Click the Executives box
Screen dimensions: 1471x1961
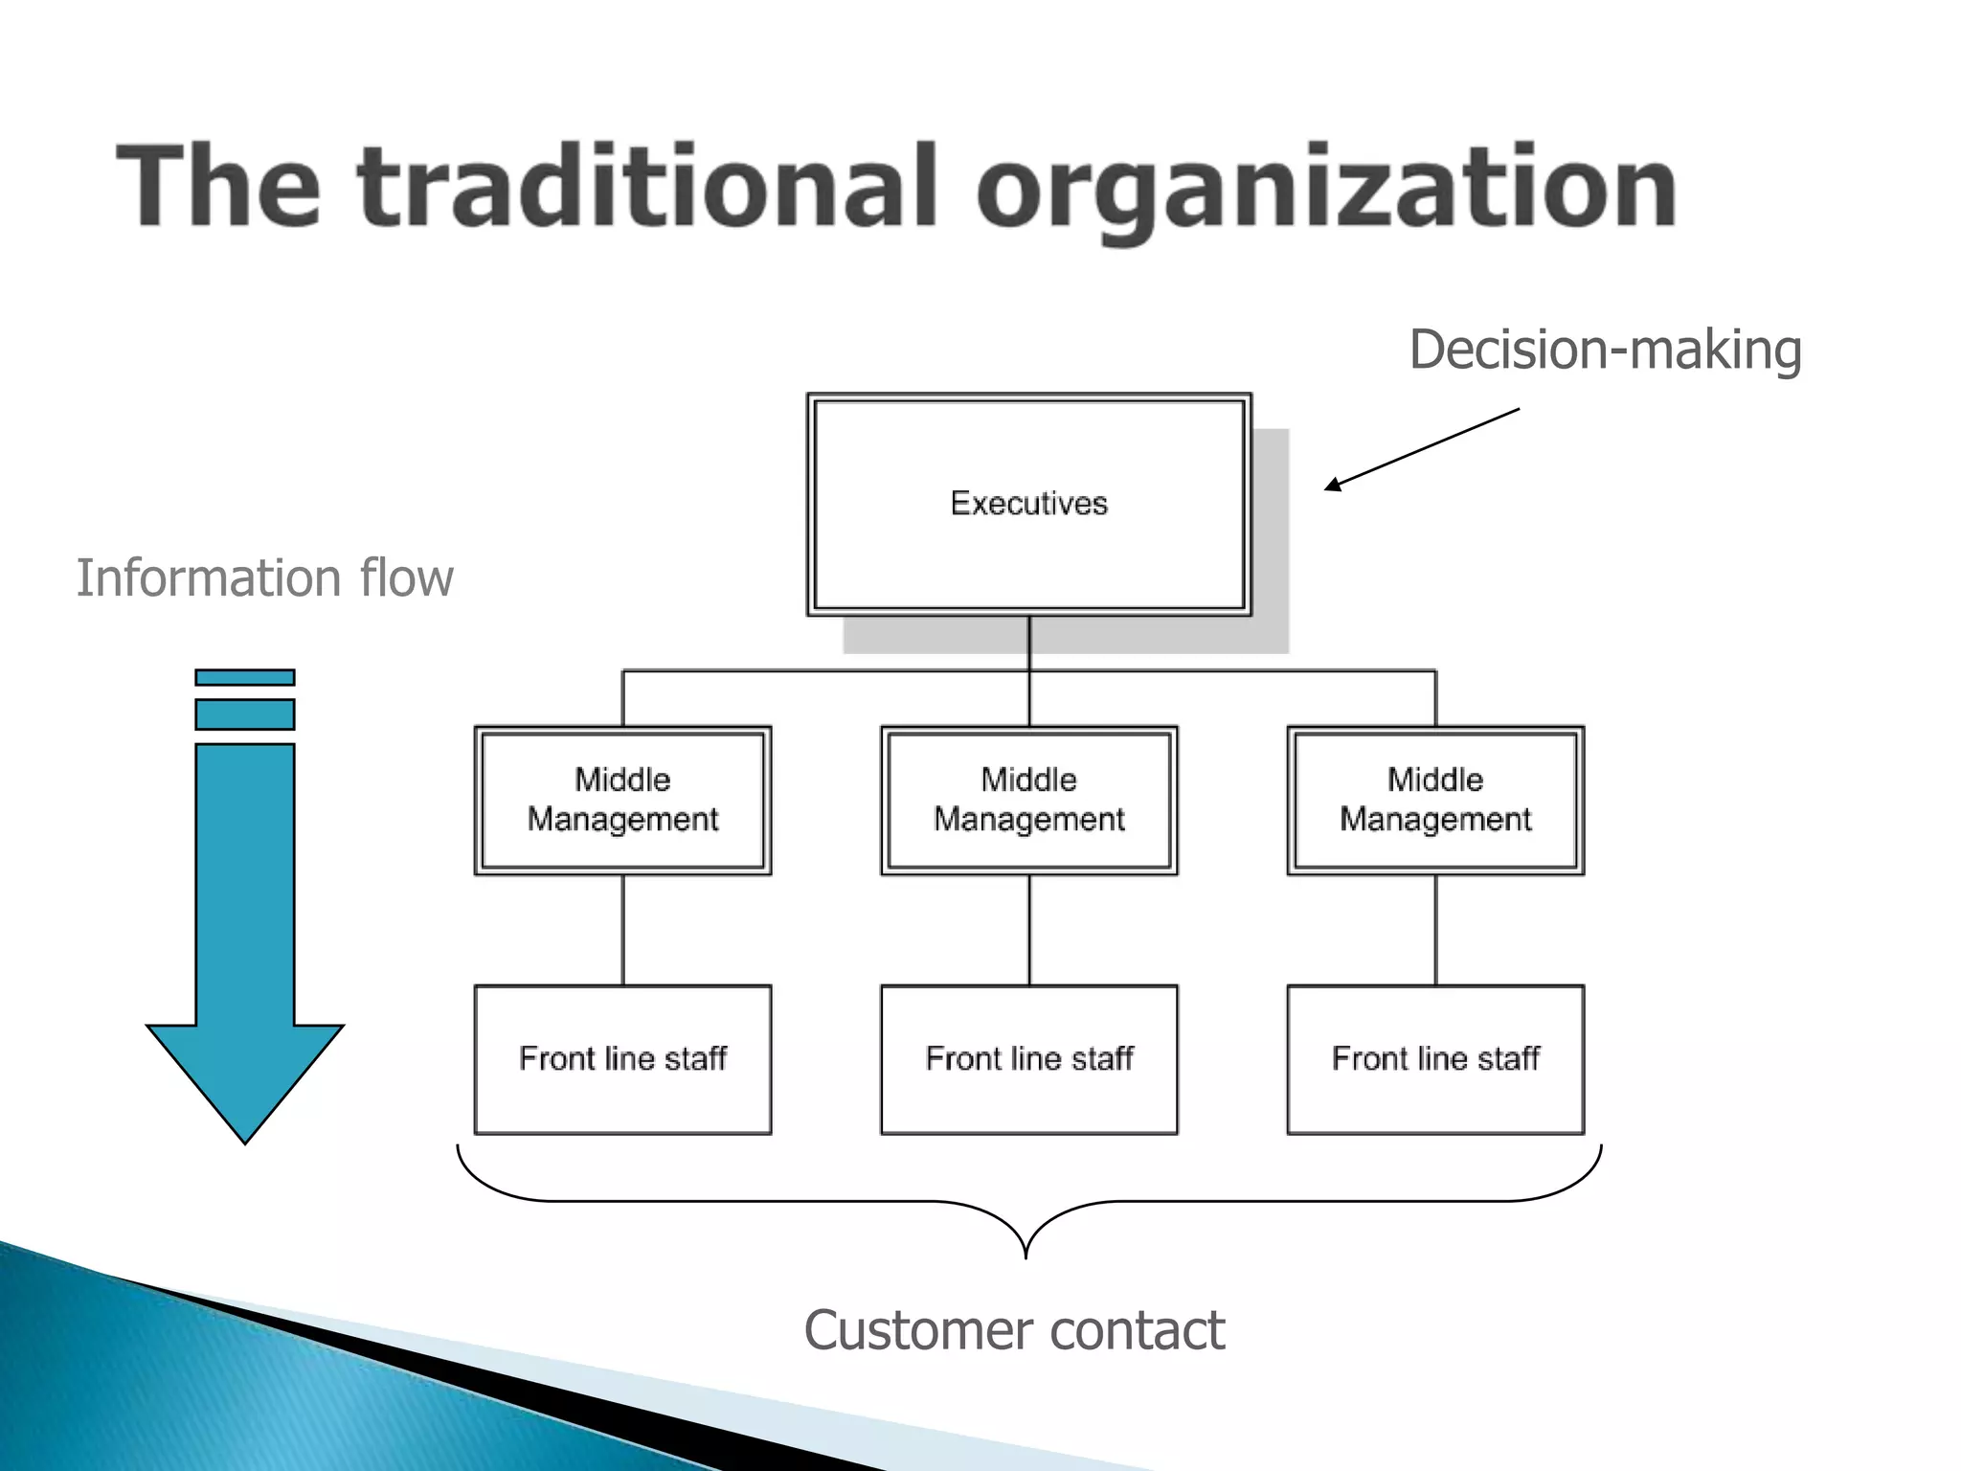click(1029, 504)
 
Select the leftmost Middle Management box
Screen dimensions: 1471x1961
click(622, 801)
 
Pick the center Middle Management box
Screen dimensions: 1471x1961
click(1029, 801)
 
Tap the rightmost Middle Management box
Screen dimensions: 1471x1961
click(1435, 801)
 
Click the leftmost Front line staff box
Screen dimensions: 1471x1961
click(622, 1059)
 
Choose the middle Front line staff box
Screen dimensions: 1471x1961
click(1029, 1059)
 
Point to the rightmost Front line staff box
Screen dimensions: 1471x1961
click(1435, 1059)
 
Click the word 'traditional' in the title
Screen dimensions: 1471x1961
click(646, 187)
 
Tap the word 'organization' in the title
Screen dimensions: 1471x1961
click(1326, 192)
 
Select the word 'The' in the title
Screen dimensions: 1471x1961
click(218, 187)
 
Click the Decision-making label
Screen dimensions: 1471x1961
click(1605, 351)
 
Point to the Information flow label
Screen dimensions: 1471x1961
click(264, 578)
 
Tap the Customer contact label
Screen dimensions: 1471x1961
click(1014, 1330)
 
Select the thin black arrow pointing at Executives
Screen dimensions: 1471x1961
click(1422, 449)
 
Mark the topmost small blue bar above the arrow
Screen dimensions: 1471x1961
click(245, 677)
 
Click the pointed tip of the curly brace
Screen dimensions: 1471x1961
click(1026, 1253)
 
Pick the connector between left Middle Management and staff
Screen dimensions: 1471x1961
click(623, 930)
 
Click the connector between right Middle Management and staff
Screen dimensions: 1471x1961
click(1435, 930)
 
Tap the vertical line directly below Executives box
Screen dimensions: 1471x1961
click(1029, 642)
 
